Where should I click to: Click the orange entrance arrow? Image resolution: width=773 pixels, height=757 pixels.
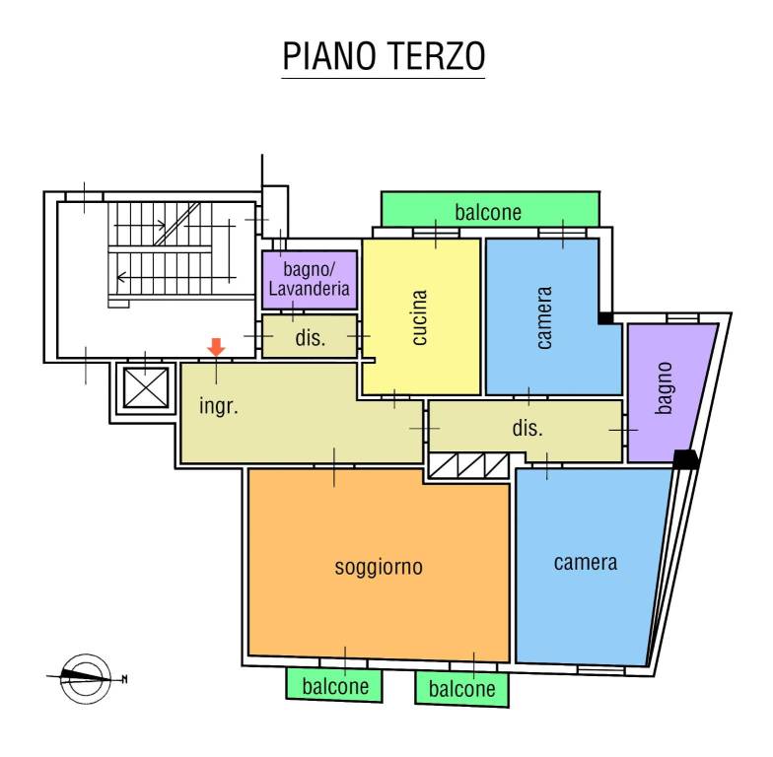(216, 346)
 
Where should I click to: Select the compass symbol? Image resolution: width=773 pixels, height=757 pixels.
(86, 677)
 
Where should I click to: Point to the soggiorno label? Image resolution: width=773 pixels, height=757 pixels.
(379, 567)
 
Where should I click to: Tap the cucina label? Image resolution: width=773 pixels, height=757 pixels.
(420, 316)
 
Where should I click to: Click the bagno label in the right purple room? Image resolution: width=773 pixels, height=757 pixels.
(665, 387)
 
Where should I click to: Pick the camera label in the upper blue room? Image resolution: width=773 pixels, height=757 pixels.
(544, 317)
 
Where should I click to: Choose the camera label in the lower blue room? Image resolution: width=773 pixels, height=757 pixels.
(586, 563)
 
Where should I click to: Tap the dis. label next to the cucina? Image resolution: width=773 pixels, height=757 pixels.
(310, 338)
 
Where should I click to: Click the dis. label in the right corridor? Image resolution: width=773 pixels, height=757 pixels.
(527, 429)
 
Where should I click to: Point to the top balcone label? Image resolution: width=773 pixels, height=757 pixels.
(488, 212)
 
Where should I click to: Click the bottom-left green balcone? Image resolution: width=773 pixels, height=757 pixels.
(335, 685)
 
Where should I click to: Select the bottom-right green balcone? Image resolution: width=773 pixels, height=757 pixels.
(461, 689)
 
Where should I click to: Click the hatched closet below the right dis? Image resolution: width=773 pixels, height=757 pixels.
(468, 466)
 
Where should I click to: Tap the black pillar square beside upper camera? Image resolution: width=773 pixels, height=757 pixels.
(605, 318)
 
